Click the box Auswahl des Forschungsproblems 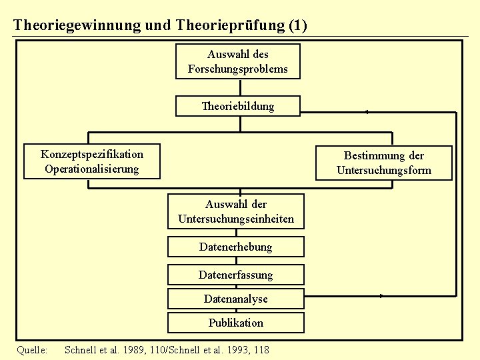[237, 61]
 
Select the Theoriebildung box [237, 106]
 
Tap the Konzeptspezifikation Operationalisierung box [92, 161]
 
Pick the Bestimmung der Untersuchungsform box [383, 163]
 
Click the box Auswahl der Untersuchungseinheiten [236, 211]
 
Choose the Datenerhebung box [235, 247]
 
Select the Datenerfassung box [235, 275]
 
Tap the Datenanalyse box [235, 299]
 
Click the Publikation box [235, 323]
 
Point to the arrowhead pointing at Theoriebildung [366, 112]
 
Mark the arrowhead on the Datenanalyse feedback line [382, 295]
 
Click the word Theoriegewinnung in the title [77, 25]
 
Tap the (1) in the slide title [297, 25]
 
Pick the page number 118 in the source [261, 349]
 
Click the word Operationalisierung [92, 169]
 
